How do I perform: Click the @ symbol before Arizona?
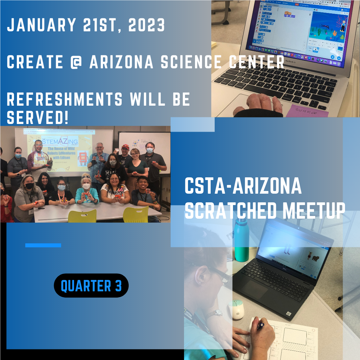point(76,62)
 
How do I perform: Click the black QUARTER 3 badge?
point(91,285)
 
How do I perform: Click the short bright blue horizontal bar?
point(43,245)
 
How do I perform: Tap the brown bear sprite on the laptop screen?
point(315,258)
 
